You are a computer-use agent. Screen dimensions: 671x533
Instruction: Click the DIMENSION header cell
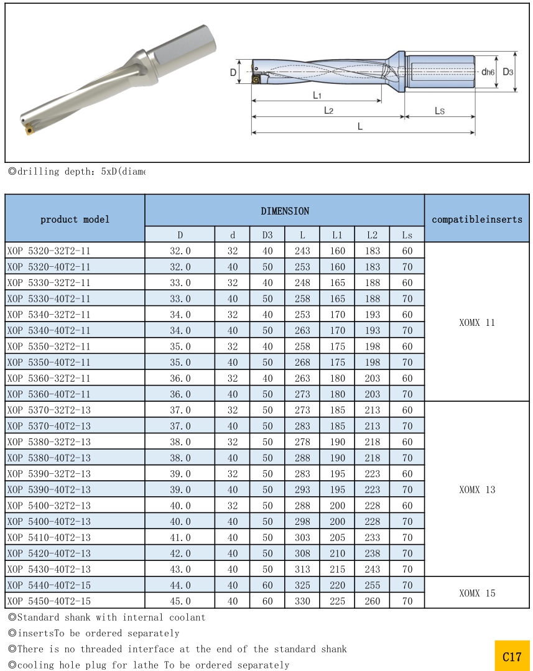pos(284,211)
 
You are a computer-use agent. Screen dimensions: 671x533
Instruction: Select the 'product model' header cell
pos(75,219)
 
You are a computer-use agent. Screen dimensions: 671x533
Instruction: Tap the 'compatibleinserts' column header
pos(477,219)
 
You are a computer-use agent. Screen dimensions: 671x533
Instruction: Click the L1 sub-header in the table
pos(337,235)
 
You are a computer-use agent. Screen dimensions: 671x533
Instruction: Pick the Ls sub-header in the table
pos(407,235)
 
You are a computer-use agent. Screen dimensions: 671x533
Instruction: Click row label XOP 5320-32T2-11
pos(49,251)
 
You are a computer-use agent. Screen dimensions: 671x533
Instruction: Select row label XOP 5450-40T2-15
pos(49,601)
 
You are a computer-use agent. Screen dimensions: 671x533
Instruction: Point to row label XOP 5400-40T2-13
pos(49,522)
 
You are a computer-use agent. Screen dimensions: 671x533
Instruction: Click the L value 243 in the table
pos(302,251)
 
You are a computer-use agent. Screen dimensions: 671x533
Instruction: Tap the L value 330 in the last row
pos(302,601)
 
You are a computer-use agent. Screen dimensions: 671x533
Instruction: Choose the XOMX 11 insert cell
pos(477,323)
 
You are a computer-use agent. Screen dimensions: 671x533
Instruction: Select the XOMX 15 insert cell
pos(477,593)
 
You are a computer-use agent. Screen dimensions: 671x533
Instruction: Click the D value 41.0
pos(180,538)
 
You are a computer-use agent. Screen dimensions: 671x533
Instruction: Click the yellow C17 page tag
pos(512,656)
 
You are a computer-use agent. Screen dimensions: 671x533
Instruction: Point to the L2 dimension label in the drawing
pos(328,110)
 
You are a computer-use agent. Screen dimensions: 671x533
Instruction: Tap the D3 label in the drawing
pos(508,72)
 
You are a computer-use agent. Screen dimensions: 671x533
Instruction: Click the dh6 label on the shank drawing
pos(488,72)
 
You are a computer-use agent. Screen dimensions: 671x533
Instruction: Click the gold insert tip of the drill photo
pos(28,130)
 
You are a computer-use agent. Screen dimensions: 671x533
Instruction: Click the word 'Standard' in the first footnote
pos(38,618)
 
